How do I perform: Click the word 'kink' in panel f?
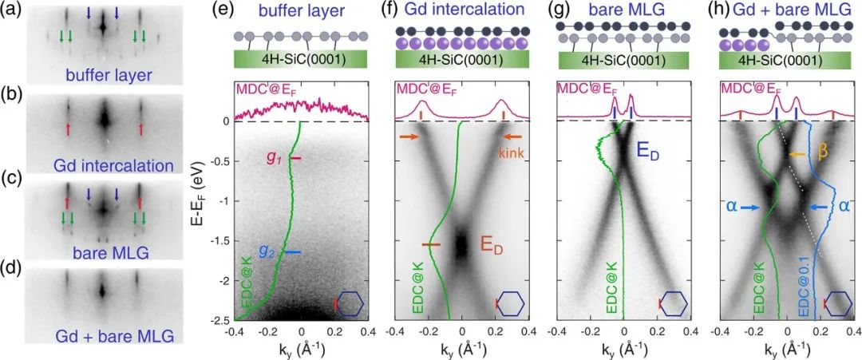pos(511,152)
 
